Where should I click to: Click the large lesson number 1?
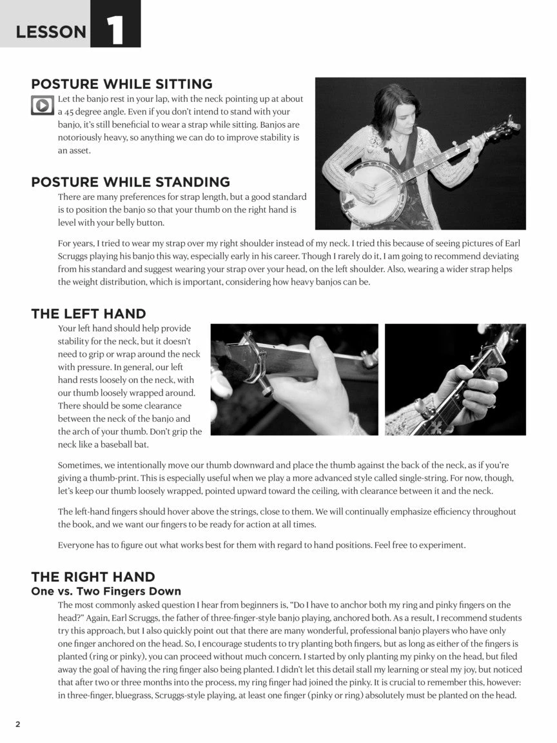[x=115, y=30]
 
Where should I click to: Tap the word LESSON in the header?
[x=51, y=32]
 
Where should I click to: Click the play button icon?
[x=42, y=104]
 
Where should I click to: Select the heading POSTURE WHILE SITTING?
[x=122, y=84]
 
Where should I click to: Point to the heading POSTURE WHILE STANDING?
[x=131, y=182]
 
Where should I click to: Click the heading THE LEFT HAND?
[x=88, y=313]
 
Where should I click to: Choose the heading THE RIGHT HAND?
[x=93, y=577]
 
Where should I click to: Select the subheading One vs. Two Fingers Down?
[x=106, y=591]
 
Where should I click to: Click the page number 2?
[x=18, y=724]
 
